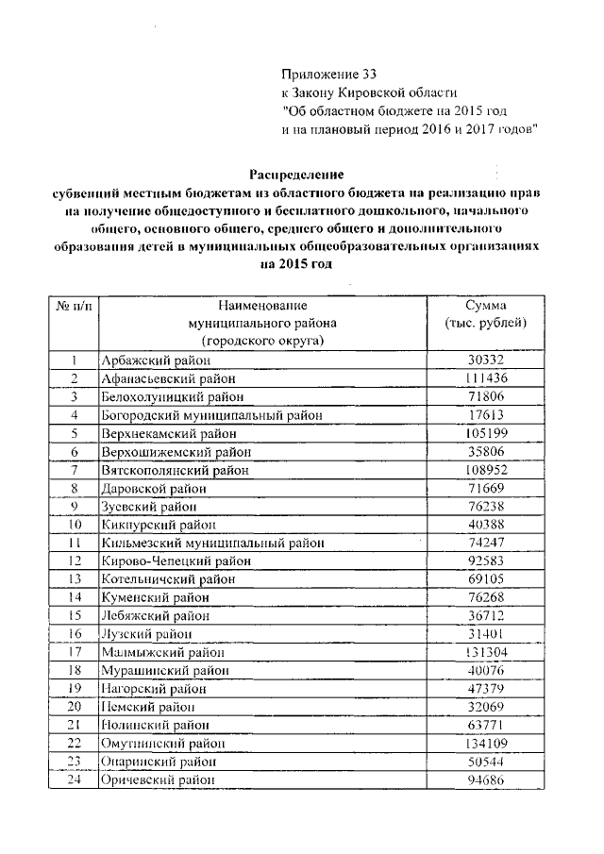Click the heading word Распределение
pos(296,175)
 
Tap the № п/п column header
pos(73,306)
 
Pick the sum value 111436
pos(487,378)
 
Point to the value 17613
pos(487,414)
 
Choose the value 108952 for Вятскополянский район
pos(487,469)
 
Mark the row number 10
pos(73,525)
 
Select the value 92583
pos(487,561)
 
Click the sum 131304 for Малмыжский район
pos(487,652)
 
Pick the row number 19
pos(73,689)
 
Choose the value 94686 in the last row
pos(487,780)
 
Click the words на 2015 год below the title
pos(296,266)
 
